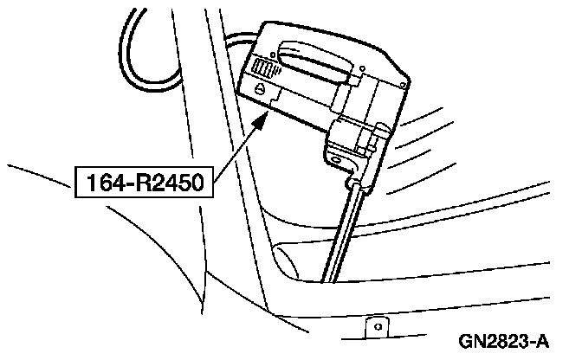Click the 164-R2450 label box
pyautogui.click(x=142, y=183)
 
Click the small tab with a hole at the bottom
pyautogui.click(x=375, y=329)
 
